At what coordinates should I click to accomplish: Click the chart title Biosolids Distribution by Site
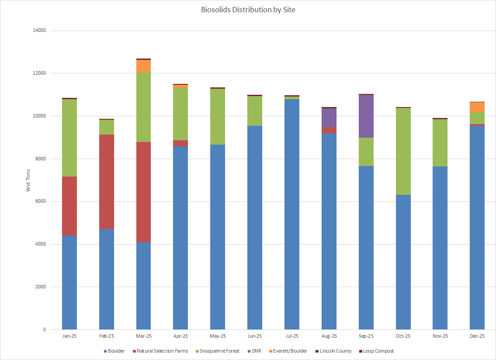(248, 10)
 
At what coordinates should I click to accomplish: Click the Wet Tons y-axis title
(28, 180)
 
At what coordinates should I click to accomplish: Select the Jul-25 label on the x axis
(292, 336)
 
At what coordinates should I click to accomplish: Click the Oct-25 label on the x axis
(403, 336)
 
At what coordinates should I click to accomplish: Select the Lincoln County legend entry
(335, 351)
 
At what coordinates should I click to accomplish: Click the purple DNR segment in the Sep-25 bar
(366, 116)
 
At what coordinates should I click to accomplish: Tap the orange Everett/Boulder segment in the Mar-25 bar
(143, 66)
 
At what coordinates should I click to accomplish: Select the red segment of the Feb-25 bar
(106, 181)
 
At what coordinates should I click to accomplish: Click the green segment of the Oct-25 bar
(403, 151)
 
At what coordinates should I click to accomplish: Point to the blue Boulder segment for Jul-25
(292, 214)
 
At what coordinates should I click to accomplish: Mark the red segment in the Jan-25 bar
(69, 206)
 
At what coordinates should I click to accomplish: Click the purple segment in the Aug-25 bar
(329, 118)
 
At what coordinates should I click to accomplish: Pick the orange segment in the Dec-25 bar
(477, 107)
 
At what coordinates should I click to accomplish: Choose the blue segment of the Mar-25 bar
(143, 286)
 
